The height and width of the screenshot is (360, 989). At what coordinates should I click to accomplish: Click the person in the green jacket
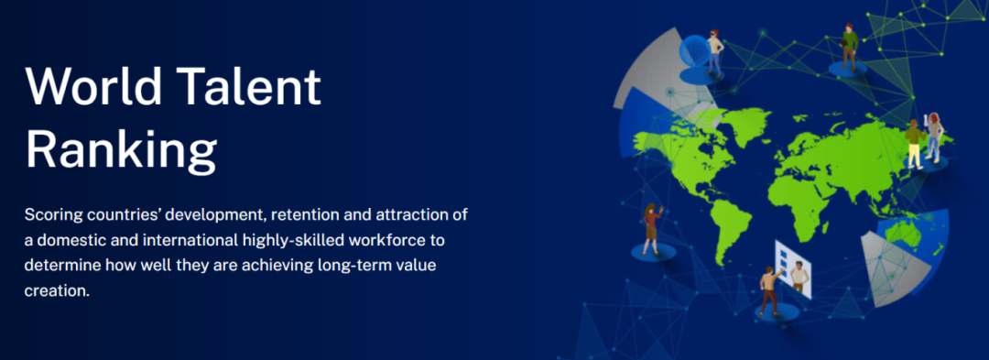coord(849,47)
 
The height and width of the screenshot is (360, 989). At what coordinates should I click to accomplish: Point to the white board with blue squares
coord(793,268)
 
